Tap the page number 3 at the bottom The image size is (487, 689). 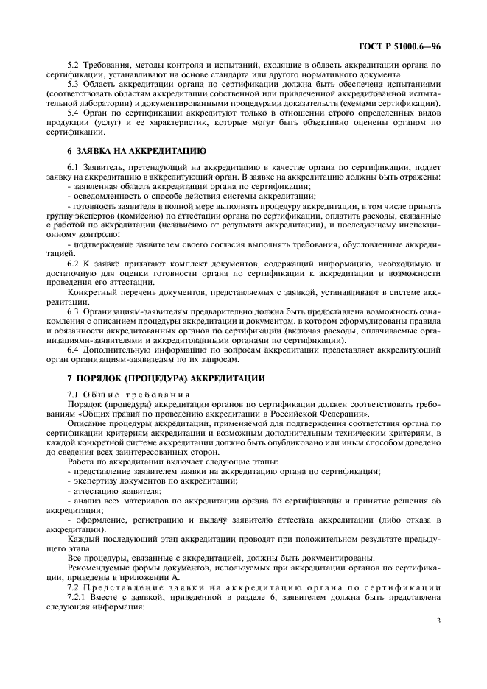click(438, 621)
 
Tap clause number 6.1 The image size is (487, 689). click(72, 169)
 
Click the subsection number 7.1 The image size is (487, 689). click(72, 396)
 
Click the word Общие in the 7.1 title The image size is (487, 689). click(99, 396)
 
